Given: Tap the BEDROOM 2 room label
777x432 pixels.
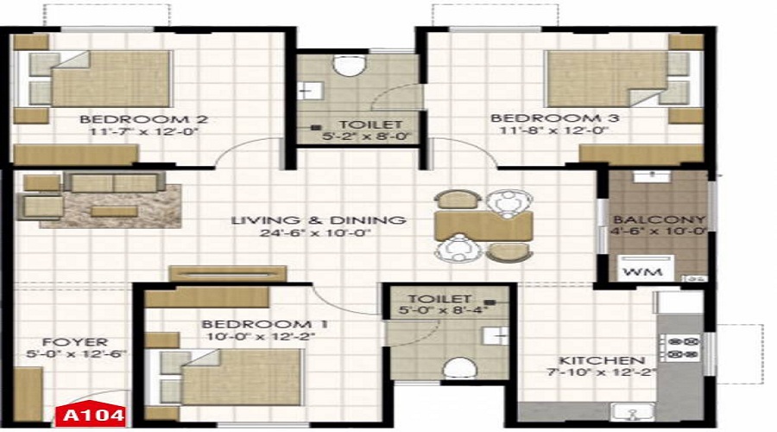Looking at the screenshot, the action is [x=143, y=119].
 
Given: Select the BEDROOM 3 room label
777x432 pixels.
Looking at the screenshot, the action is [x=554, y=118].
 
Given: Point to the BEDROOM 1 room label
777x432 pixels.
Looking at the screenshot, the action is [x=265, y=324].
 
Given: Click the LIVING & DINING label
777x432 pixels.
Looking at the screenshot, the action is [x=319, y=220].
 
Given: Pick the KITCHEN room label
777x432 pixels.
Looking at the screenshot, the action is [x=602, y=360].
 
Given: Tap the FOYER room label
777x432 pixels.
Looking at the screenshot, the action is [x=75, y=342].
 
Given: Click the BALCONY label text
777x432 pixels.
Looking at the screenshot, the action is [x=659, y=219].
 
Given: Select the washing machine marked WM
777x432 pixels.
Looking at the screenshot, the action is [x=645, y=269].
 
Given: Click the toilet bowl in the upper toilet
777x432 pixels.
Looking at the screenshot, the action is [x=350, y=65].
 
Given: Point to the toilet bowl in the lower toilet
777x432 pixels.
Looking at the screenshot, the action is [x=459, y=369].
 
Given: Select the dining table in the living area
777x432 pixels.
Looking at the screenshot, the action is [x=483, y=226].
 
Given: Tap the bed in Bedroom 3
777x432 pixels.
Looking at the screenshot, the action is [x=623, y=79].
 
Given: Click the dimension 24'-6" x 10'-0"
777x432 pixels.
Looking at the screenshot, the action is [x=316, y=233].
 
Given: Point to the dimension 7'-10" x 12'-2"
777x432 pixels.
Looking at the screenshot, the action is [x=602, y=372].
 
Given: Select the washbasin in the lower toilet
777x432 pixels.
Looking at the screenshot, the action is [x=496, y=336].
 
